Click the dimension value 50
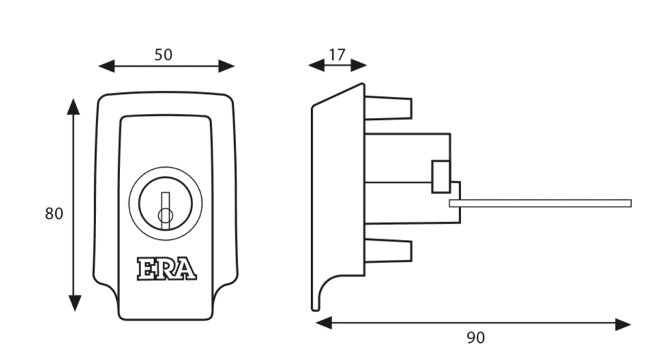click(163, 55)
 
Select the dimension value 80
click(54, 213)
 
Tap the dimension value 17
click(337, 55)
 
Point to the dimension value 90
click(476, 337)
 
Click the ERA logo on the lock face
click(166, 269)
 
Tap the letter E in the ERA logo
click(146, 269)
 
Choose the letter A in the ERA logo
click(186, 269)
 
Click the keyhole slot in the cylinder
click(165, 210)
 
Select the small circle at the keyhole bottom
click(165, 216)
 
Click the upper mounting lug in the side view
click(388, 108)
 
